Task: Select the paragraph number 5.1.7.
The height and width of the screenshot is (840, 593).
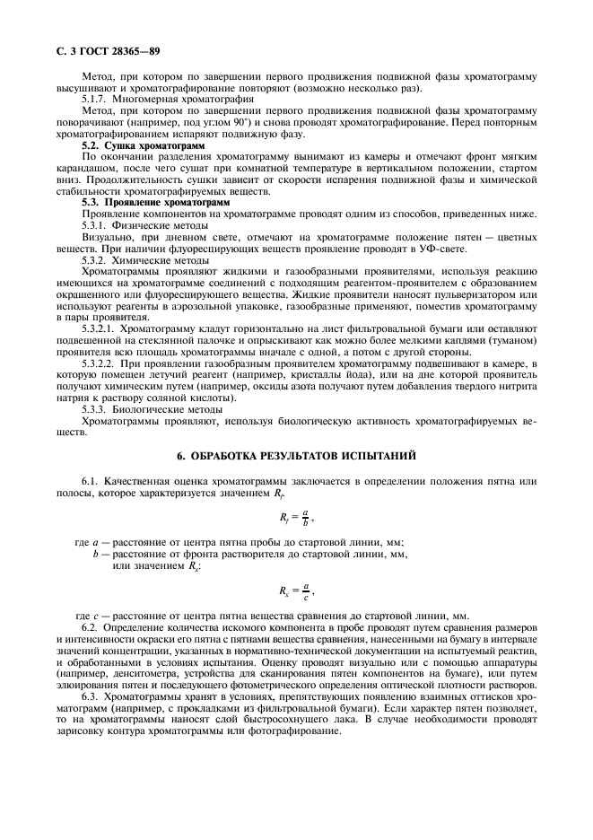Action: click(97, 100)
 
